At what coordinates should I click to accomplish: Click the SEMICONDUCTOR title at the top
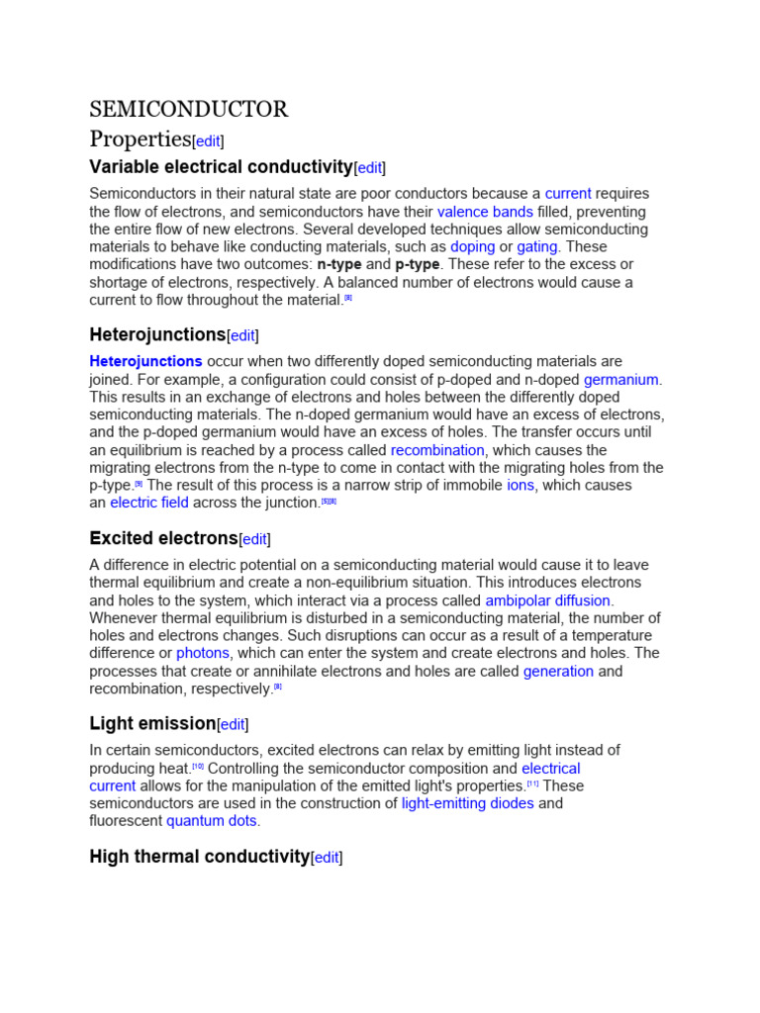188,109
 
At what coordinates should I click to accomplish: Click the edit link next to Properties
208,140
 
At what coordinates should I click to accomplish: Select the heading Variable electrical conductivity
221,166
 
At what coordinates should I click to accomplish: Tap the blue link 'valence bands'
485,212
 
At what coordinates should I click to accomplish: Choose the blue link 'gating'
537,246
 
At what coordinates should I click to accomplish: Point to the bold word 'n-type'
338,264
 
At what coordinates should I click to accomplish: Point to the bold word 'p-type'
417,264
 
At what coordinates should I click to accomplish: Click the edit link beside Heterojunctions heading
243,335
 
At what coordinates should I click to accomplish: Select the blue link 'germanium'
620,380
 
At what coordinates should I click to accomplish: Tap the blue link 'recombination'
437,450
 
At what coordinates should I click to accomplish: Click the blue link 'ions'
521,486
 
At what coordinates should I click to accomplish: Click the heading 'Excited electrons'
163,538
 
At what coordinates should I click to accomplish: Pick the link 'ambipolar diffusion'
548,600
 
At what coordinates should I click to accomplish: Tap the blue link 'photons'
203,653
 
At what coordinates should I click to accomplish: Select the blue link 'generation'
558,671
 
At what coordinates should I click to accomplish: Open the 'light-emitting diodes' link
467,803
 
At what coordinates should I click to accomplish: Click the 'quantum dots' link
212,821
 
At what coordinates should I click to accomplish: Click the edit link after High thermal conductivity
327,858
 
